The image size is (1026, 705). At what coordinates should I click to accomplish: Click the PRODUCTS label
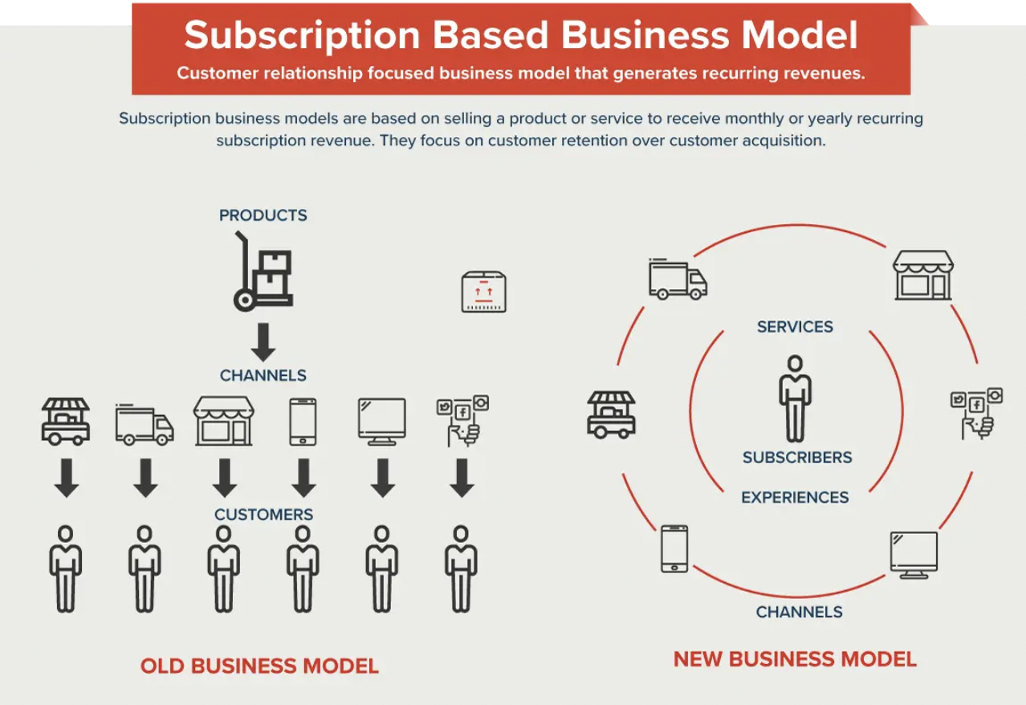[263, 215]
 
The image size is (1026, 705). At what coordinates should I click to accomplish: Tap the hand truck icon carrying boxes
[263, 272]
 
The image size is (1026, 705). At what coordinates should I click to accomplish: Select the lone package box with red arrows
[485, 291]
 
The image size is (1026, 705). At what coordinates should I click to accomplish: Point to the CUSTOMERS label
[263, 514]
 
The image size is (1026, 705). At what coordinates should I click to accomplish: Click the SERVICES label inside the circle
[795, 327]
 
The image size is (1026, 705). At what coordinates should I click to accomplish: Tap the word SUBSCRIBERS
[797, 458]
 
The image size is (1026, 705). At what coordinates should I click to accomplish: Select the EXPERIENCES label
[795, 497]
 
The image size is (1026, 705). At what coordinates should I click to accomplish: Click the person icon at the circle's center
[795, 397]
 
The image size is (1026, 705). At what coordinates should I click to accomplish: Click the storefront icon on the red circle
[923, 275]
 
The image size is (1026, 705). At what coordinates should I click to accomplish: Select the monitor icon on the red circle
[914, 555]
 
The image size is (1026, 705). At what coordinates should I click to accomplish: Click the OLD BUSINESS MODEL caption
[259, 666]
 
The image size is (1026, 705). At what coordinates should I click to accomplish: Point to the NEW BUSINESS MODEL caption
[795, 660]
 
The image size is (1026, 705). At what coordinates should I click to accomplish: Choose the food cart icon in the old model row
[65, 421]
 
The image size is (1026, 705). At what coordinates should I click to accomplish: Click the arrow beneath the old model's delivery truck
[145, 478]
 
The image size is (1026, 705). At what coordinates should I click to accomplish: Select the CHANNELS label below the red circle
[799, 612]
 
